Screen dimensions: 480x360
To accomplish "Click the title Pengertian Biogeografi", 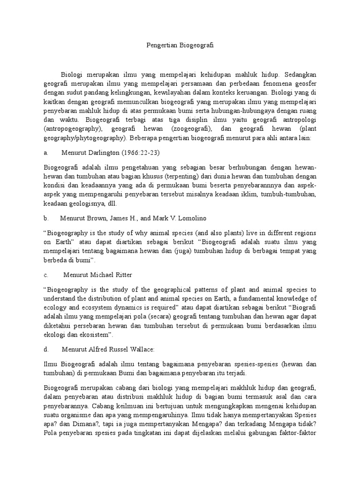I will click(180, 45).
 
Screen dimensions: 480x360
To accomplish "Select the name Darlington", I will click(103, 153).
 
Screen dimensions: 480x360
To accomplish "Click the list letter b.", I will click(46, 218).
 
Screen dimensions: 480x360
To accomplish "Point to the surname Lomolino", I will click(189, 218).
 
